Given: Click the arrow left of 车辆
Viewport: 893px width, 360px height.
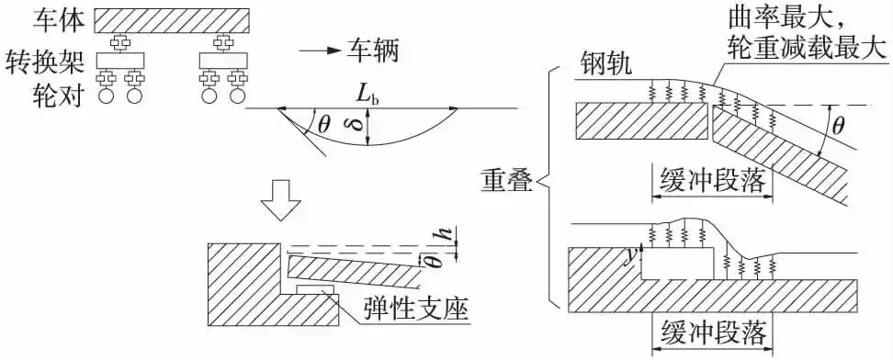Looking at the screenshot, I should pyautogui.click(x=317, y=49).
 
